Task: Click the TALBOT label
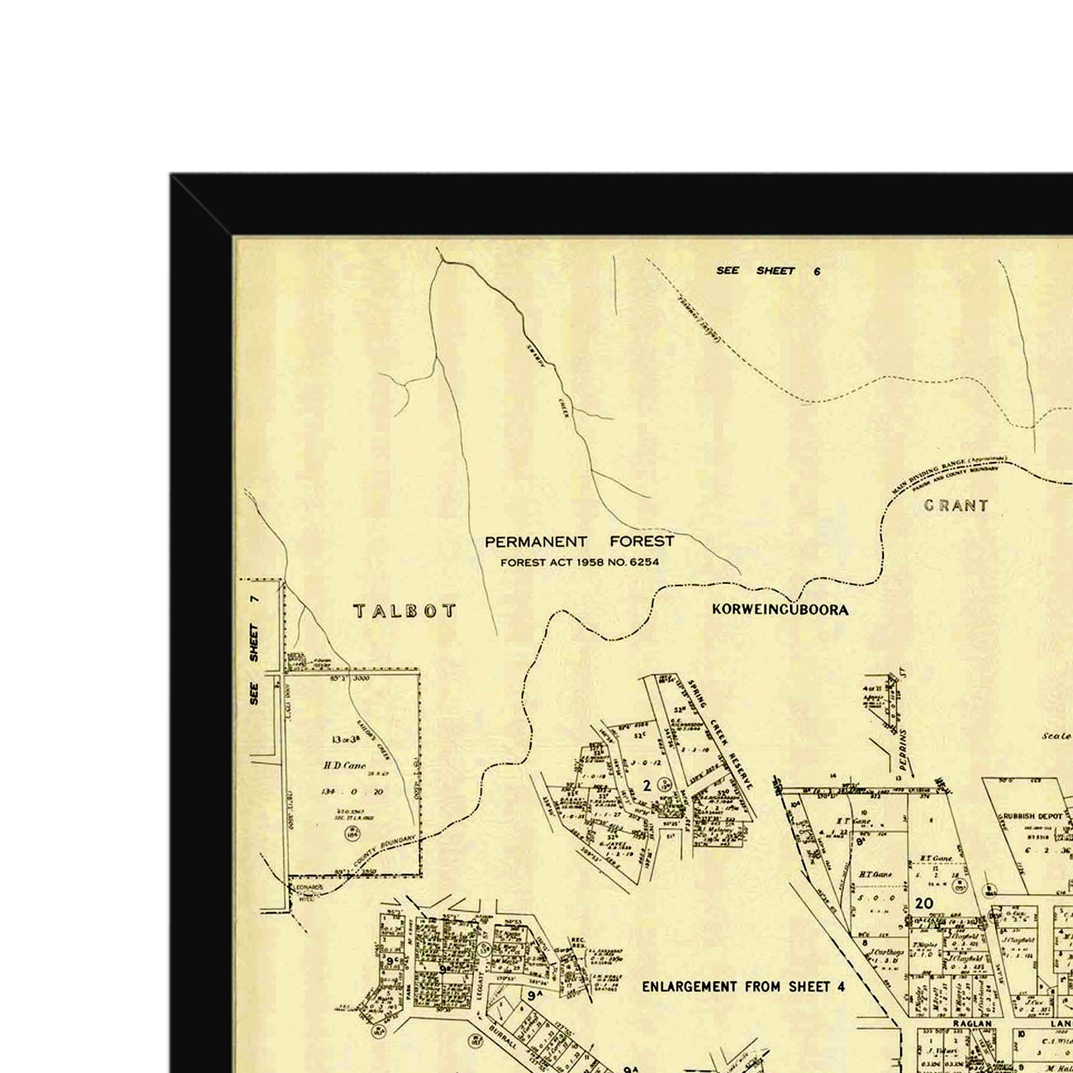tap(405, 611)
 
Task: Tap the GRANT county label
tap(956, 506)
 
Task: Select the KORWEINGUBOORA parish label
tap(780, 610)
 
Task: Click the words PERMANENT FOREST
tap(579, 541)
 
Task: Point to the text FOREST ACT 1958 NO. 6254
tap(579, 563)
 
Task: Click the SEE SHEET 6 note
tap(768, 271)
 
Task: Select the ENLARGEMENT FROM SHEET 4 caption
tap(743, 986)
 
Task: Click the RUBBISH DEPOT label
tap(1033, 816)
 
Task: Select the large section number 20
tap(924, 903)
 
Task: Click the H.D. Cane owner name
tap(345, 765)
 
